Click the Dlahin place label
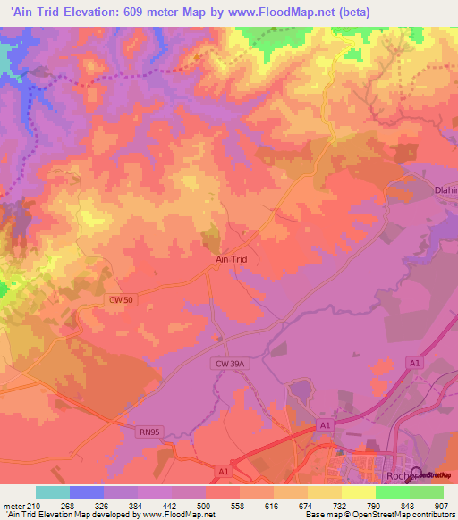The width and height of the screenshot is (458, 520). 445,189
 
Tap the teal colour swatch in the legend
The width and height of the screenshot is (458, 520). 53,492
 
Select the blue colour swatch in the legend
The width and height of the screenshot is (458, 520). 87,492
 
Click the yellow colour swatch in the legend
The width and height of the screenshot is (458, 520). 359,492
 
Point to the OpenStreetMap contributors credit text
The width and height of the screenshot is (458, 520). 394,515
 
